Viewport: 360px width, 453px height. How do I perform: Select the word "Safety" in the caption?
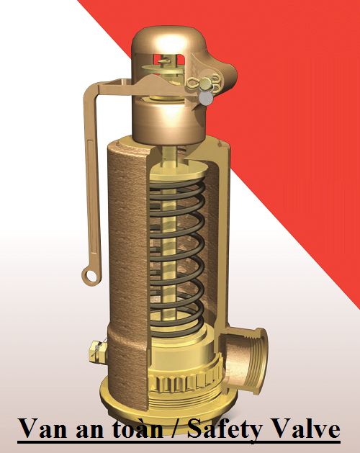click(224, 429)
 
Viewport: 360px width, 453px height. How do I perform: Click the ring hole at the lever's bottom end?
click(90, 274)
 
